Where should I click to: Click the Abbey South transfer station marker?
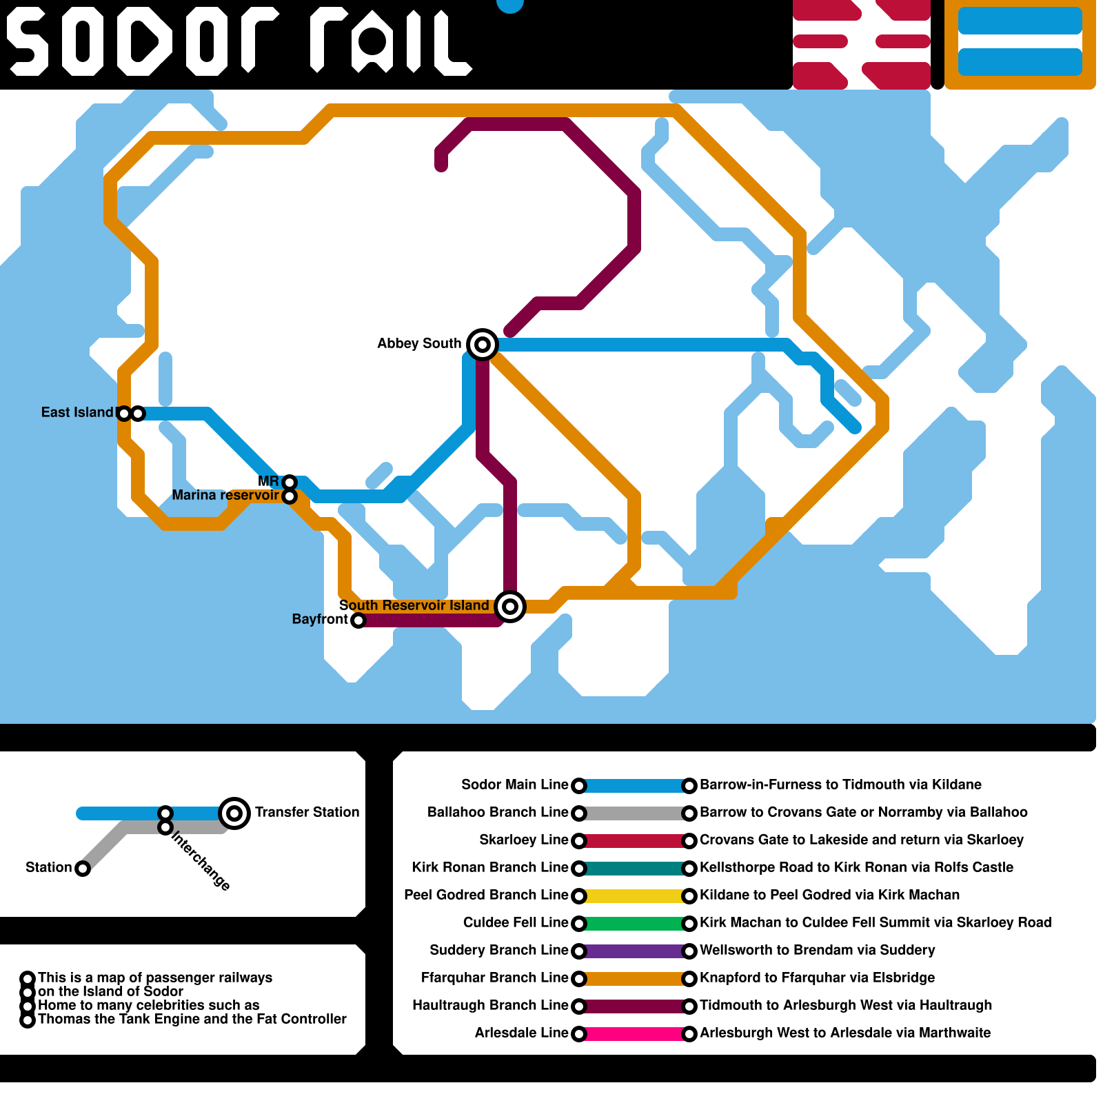point(483,344)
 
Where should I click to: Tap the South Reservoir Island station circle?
point(510,606)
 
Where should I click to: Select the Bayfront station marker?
point(358,620)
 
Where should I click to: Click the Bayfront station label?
point(320,619)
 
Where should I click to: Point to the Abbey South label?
point(419,343)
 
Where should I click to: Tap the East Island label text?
point(77,412)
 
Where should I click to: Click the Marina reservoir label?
point(225,495)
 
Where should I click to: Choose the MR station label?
point(268,481)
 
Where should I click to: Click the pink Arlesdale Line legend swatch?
point(634,1033)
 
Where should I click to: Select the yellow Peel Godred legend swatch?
point(634,895)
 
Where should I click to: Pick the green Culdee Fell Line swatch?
point(634,923)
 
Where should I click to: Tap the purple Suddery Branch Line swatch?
point(634,951)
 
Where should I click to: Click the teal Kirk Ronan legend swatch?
point(634,868)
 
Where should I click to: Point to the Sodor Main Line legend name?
point(515,785)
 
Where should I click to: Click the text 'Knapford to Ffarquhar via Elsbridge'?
point(818,978)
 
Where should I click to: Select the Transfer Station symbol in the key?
point(234,813)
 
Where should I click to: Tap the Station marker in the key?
point(83,869)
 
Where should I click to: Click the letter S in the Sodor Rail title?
point(28,41)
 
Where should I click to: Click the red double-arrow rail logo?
point(862,45)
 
